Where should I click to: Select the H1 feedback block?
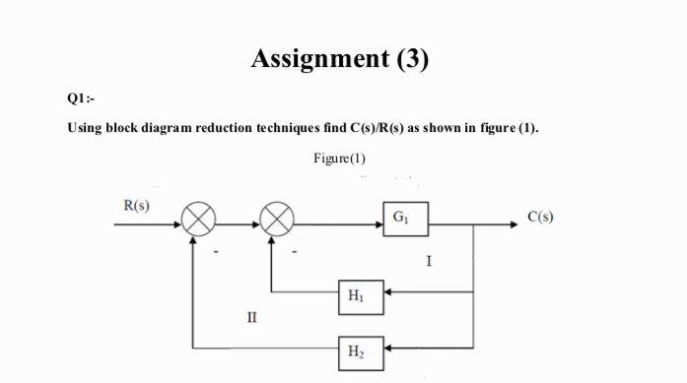[x=357, y=292]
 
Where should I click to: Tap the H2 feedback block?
[x=357, y=348]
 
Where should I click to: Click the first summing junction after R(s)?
[x=193, y=223]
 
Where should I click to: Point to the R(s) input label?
[x=136, y=205]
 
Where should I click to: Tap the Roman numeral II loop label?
[x=252, y=318]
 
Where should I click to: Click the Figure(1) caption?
[x=340, y=159]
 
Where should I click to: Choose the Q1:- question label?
[x=81, y=97]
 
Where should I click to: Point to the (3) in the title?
[x=412, y=59]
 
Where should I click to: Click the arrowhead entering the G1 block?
[x=378, y=223]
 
